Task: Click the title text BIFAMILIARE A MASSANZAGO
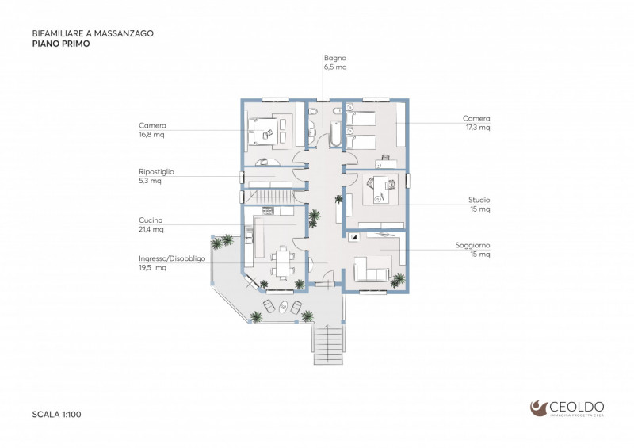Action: click(x=92, y=34)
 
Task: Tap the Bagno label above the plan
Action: click(x=334, y=58)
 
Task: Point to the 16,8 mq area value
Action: click(x=151, y=135)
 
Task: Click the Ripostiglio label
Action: click(x=156, y=171)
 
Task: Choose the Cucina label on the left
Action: click(x=151, y=220)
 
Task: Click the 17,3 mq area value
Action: click(x=478, y=127)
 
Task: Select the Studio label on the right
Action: click(x=479, y=200)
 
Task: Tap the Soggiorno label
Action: click(x=472, y=245)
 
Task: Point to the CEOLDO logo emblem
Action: click(x=539, y=408)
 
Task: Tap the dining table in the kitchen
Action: click(x=281, y=262)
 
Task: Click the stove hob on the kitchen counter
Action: click(x=267, y=211)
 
